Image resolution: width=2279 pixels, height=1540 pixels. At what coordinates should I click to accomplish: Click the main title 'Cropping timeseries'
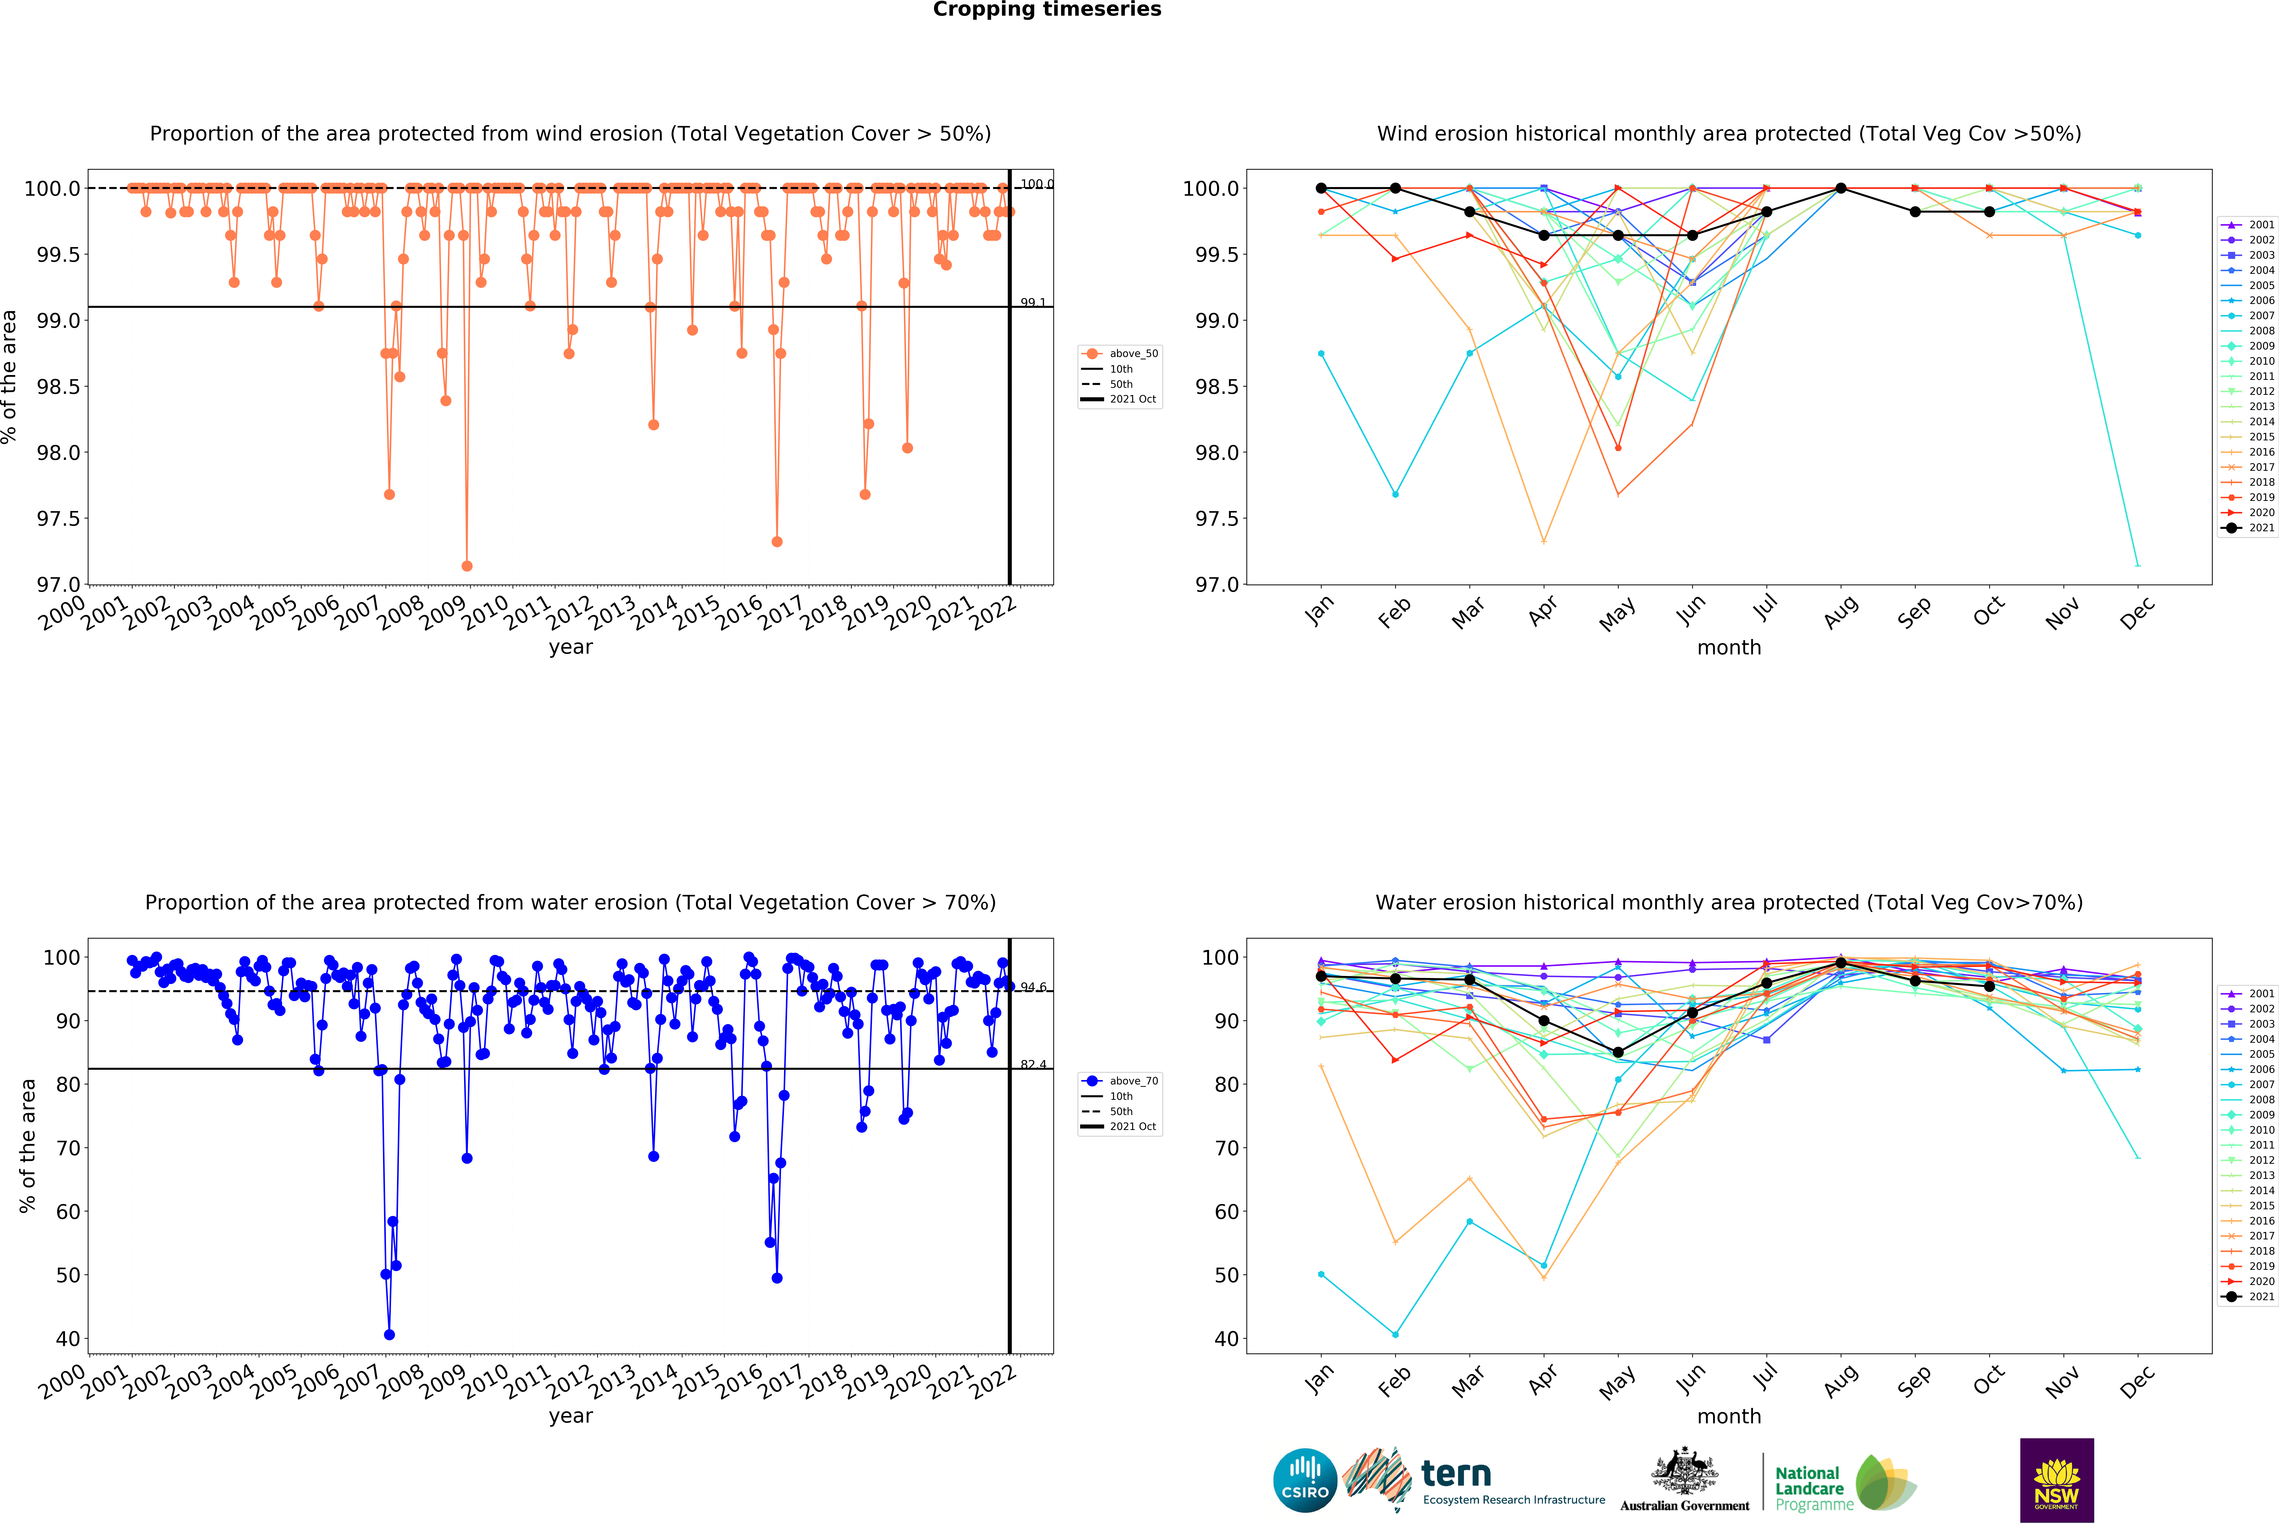tap(1046, 10)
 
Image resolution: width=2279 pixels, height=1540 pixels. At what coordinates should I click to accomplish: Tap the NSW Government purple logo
tap(2056, 1480)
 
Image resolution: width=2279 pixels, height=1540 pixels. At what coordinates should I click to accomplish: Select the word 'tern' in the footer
tap(1456, 1473)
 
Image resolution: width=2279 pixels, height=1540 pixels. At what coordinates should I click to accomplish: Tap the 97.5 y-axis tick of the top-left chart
tap(58, 518)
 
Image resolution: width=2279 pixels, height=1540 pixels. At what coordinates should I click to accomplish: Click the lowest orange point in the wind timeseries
tap(467, 567)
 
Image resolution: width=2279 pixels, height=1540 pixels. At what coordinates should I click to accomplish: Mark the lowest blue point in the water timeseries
tap(389, 1335)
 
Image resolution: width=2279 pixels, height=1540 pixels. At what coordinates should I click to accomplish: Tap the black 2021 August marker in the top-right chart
tap(1841, 188)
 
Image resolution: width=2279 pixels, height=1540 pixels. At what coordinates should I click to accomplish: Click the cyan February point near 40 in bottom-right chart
tap(1395, 1335)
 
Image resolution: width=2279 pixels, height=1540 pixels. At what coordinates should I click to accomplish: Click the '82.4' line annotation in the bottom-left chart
tap(1033, 1065)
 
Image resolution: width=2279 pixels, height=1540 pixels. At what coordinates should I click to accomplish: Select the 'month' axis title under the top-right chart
tap(1729, 648)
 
